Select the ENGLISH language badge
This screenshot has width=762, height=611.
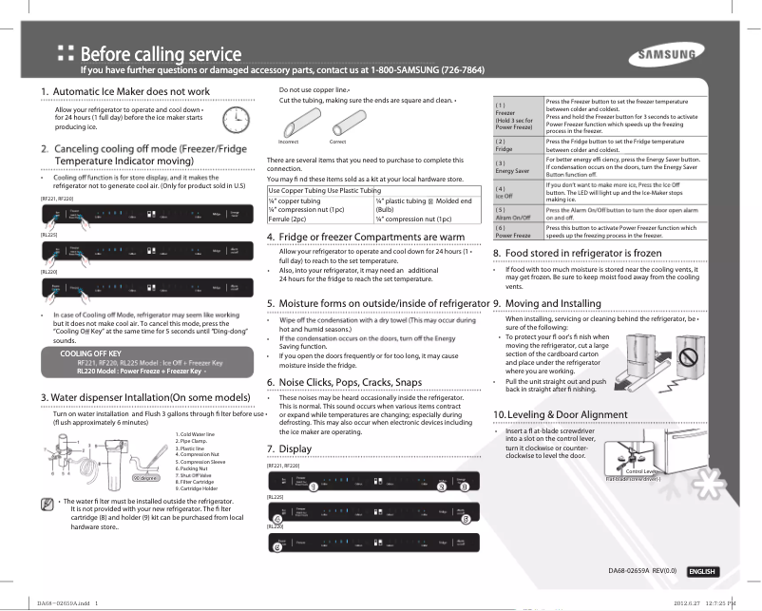702,571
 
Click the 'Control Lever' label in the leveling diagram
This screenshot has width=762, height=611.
642,471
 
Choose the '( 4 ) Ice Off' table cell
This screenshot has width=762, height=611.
518,191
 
